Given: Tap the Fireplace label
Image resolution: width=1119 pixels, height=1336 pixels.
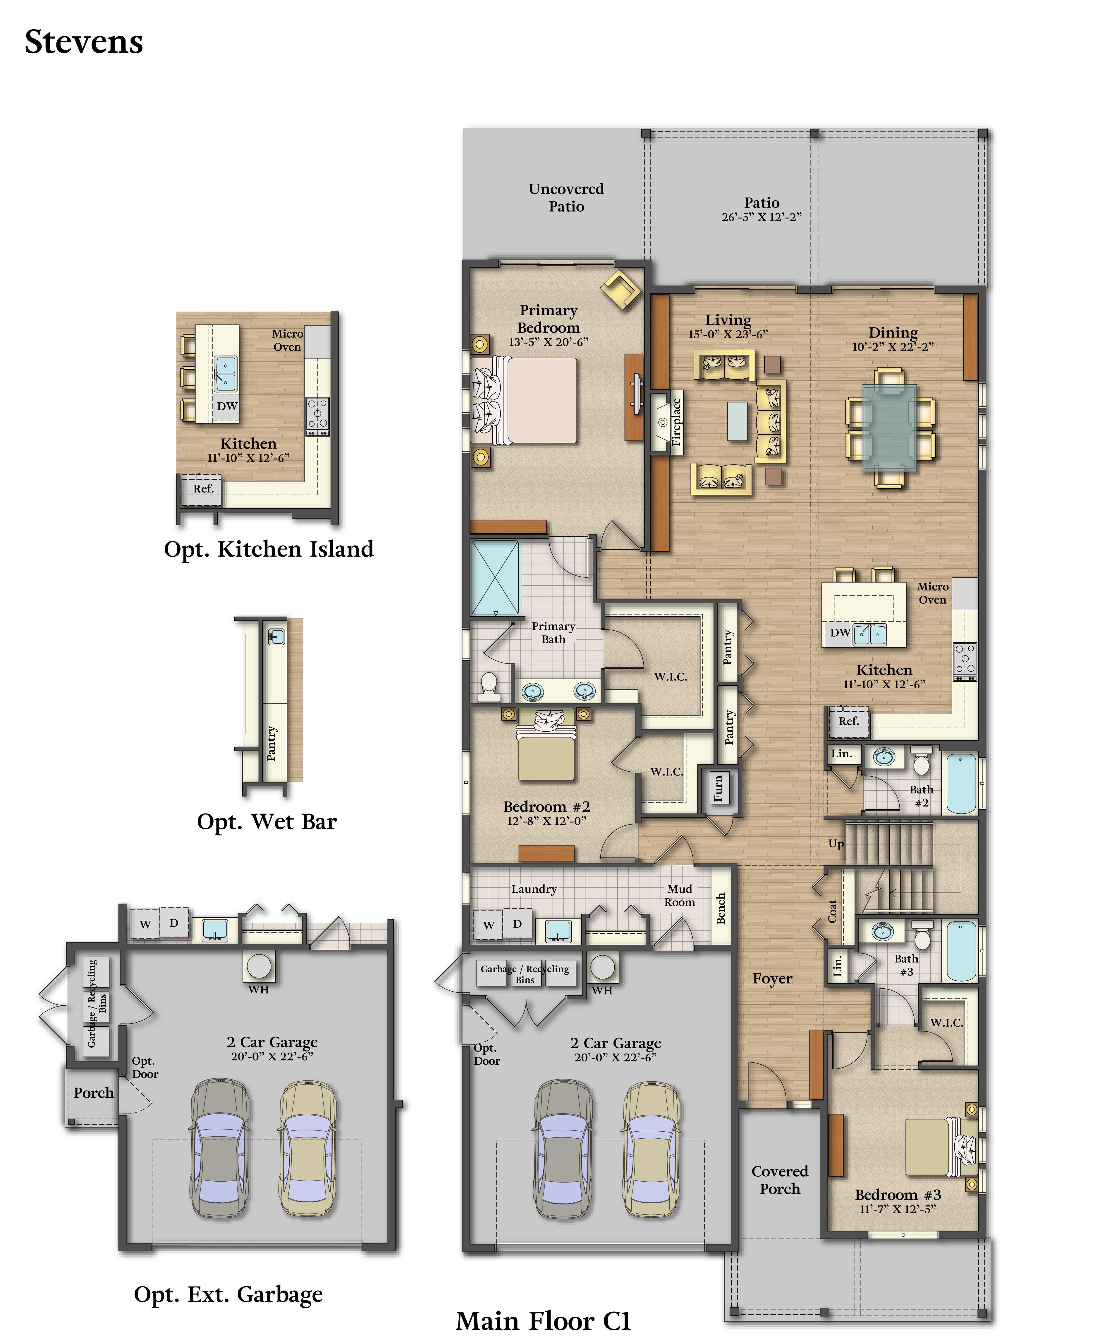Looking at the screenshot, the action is click(x=676, y=421).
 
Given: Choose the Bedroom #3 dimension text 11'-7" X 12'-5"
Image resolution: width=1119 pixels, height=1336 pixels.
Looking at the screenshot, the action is click(x=898, y=1209).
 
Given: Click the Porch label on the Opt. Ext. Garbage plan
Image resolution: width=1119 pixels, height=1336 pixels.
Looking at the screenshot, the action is click(x=94, y=1092).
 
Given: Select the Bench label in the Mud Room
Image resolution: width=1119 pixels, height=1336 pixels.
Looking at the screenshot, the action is click(x=721, y=909).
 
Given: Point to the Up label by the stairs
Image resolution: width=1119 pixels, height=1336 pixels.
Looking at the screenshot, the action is click(x=836, y=844).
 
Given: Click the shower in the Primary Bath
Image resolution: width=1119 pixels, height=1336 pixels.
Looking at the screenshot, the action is click(x=495, y=578).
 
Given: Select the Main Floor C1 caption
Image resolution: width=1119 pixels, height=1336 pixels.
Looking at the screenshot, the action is click(x=543, y=1321).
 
